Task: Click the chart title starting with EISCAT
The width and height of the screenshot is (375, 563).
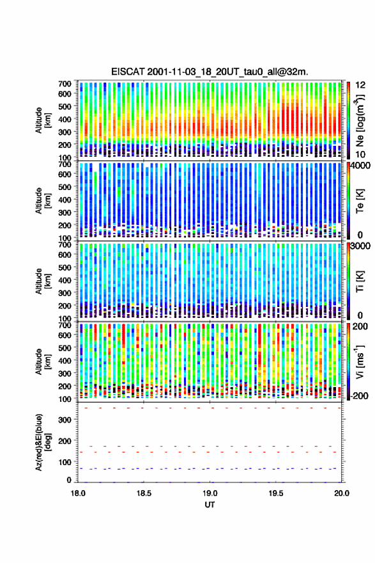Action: [210, 72]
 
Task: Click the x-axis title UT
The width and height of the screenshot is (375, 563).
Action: [210, 505]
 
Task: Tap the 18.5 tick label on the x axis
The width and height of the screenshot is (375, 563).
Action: [144, 493]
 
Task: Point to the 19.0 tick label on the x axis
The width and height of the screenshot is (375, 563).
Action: [210, 493]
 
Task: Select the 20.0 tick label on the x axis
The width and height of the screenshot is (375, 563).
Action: [342, 493]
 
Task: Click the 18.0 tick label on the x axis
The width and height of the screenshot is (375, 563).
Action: [78, 493]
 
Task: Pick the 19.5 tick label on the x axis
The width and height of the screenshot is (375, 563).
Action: [276, 493]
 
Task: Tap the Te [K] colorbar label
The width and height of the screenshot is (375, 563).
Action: [360, 201]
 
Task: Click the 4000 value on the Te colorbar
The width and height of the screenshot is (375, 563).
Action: [362, 166]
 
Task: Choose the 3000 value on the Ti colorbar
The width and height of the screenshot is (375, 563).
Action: [362, 247]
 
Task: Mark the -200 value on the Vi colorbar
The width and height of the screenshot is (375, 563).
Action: [360, 395]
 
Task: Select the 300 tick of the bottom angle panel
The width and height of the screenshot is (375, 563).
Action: [65, 420]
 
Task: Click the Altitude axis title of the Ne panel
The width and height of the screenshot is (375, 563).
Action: [43, 120]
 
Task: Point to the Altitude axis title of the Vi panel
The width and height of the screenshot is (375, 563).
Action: [43, 361]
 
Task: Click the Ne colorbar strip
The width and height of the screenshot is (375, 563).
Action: [348, 120]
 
